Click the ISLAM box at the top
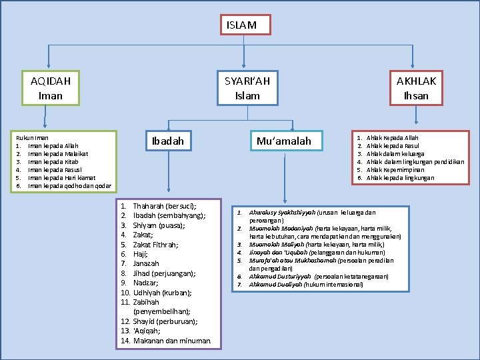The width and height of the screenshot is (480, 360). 241,25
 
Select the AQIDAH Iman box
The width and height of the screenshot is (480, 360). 51,88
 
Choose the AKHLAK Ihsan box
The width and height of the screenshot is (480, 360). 417,88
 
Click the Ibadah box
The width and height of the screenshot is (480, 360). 168,141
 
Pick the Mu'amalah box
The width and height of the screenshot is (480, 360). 284,141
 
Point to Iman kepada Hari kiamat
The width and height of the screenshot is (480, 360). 61,178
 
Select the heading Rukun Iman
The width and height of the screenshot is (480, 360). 32,137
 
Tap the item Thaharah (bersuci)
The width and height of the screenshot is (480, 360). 164,207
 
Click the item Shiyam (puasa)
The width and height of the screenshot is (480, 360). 159,225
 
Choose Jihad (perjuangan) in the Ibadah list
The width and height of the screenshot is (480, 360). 164,273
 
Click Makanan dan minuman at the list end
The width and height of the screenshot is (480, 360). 172,341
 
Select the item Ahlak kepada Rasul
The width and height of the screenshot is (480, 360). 393,145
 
